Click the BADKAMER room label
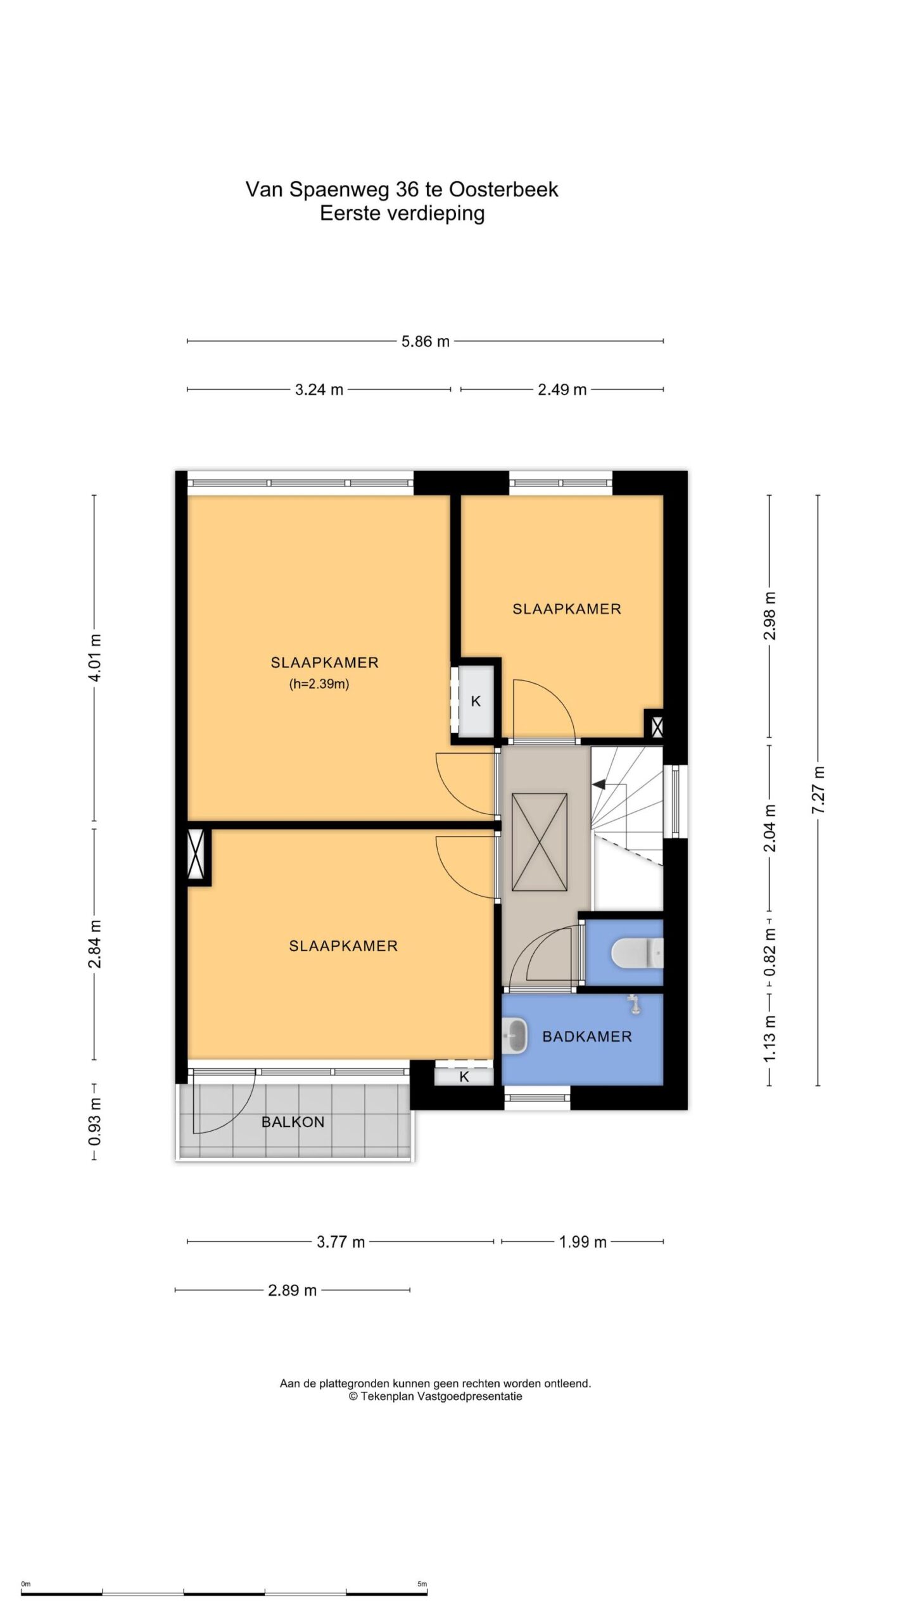point(587,1037)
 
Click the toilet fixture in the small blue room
point(636,952)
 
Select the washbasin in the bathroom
point(514,1036)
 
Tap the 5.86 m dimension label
point(425,342)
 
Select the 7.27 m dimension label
point(819,790)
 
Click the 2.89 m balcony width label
point(292,1290)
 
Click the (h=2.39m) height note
point(319,684)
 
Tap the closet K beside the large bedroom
point(476,701)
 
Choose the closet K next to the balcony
point(464,1077)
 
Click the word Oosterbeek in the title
point(503,189)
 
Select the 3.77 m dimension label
point(341,1242)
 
